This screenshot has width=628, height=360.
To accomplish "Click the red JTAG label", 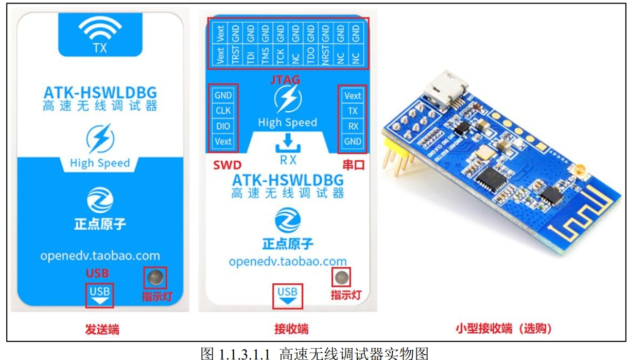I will [x=285, y=79].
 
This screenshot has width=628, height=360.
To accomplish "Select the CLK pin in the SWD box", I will [x=223, y=111].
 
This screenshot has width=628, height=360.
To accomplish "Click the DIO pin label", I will [x=223, y=126].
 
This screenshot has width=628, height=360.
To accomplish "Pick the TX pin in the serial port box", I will [x=353, y=111].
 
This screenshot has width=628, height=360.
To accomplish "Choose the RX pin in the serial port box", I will [x=353, y=126].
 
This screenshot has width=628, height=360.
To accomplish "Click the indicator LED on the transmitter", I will [x=155, y=278].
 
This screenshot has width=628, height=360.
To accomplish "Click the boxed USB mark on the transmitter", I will [x=99, y=295].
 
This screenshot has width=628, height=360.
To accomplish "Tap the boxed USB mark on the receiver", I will [x=287, y=296].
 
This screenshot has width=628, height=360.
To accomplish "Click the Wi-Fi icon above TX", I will [x=100, y=30].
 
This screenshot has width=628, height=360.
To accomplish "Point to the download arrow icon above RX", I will [x=288, y=142].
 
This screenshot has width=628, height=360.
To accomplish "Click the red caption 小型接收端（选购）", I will [x=503, y=329].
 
